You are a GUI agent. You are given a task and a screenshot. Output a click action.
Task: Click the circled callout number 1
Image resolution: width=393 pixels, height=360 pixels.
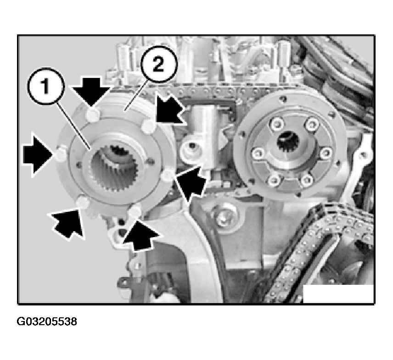click(46, 86)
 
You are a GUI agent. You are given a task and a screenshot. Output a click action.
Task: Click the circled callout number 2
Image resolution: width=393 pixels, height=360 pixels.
click(158, 64)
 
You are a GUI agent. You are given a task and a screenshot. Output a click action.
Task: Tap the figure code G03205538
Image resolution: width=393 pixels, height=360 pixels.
click(47, 321)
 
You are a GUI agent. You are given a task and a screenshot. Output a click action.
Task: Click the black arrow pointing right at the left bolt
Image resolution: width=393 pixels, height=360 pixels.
click(38, 154)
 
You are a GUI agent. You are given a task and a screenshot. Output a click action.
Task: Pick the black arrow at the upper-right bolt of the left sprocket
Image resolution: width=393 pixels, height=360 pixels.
click(170, 110)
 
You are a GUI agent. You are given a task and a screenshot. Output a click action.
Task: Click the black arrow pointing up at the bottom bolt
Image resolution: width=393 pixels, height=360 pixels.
click(140, 235)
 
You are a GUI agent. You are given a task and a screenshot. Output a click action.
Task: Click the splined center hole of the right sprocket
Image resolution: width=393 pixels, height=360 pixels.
click(287, 142)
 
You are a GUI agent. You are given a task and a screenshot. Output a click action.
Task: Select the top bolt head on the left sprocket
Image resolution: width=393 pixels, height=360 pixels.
click(93, 115)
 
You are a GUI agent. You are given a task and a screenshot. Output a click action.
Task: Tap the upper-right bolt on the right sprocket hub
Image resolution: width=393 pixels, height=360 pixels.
click(312, 124)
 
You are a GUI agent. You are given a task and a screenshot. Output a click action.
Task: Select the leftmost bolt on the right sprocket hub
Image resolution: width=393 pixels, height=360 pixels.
click(258, 153)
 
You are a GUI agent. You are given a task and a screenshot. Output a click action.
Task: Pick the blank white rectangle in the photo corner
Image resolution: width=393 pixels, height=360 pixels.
click(338, 294)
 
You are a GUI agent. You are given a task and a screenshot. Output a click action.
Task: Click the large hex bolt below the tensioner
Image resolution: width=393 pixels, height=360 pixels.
click(223, 216)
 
